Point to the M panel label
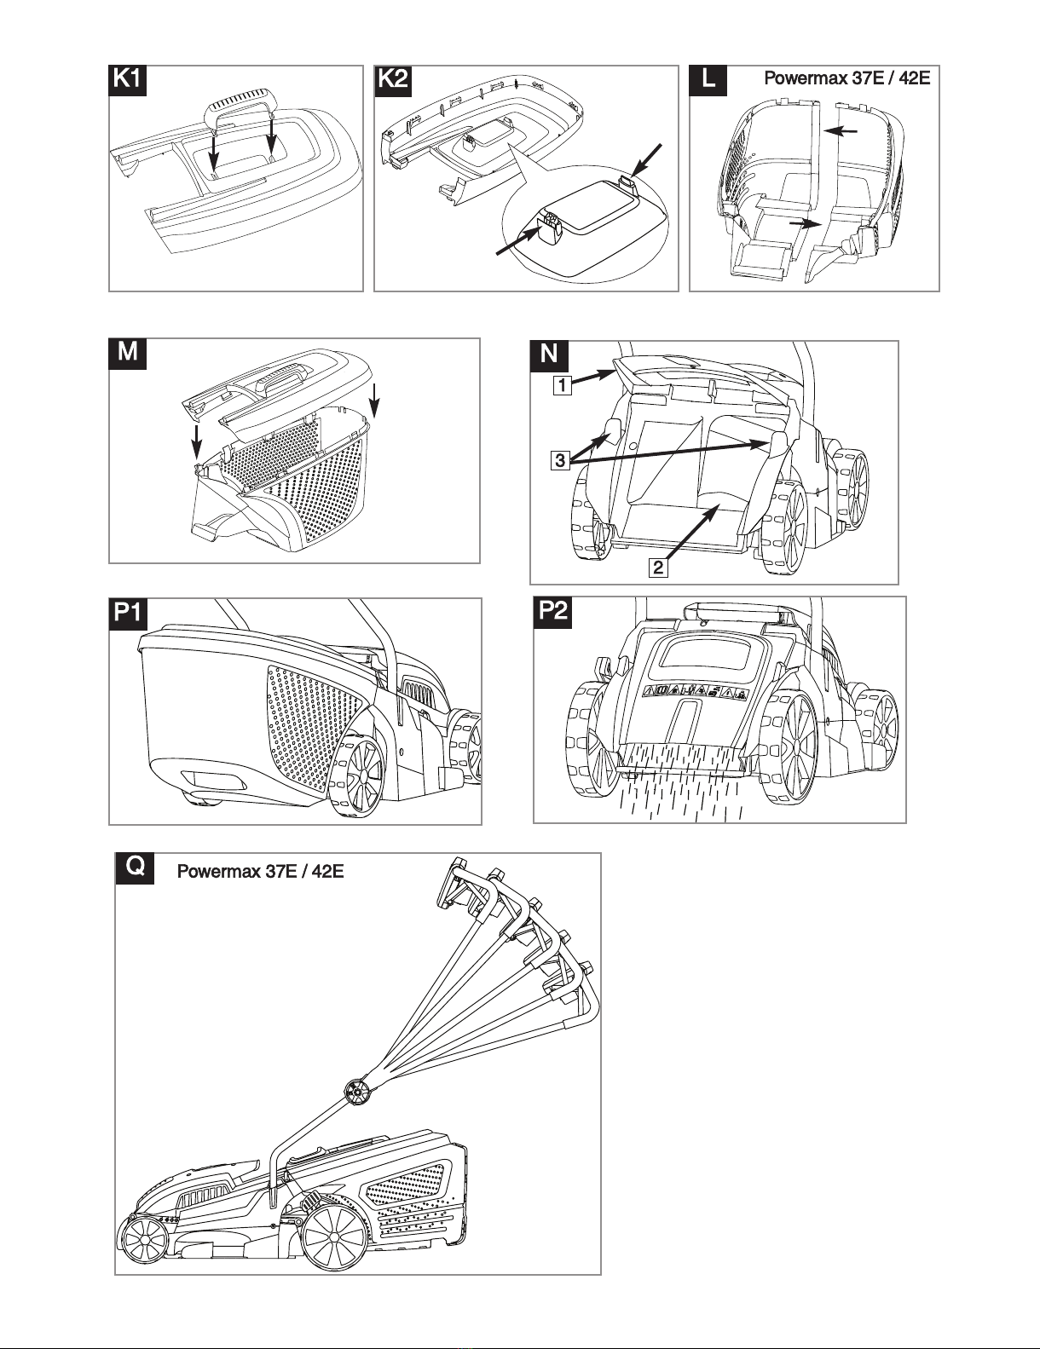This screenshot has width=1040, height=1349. [128, 351]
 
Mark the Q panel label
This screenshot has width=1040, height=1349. [135, 867]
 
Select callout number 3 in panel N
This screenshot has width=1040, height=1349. [559, 461]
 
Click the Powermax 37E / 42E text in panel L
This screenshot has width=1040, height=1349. [846, 80]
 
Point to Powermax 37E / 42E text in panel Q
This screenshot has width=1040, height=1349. [260, 872]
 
